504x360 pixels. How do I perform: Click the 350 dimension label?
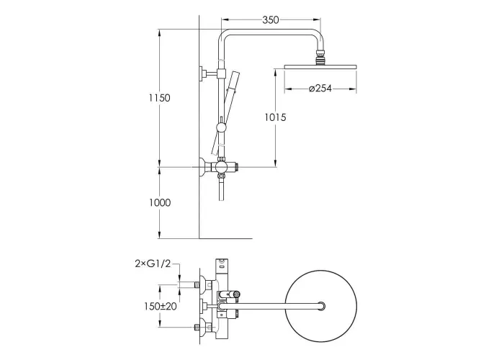[x=270, y=20]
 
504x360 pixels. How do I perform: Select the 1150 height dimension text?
[x=159, y=98]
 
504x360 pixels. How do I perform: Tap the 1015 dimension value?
[x=275, y=117]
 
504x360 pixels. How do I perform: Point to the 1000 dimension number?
[x=160, y=202]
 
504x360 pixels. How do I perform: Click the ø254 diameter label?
[x=320, y=88]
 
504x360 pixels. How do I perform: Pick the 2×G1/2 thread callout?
[x=153, y=264]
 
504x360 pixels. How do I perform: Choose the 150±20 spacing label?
[x=161, y=306]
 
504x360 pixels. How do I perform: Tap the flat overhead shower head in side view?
[x=320, y=67]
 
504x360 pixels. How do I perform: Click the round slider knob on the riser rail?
[x=221, y=127]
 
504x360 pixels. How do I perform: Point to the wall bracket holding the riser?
[x=209, y=73]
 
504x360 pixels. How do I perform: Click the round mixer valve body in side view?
[x=220, y=167]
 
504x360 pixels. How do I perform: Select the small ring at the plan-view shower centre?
[x=321, y=306]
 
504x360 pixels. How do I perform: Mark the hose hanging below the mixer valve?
[x=221, y=189]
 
